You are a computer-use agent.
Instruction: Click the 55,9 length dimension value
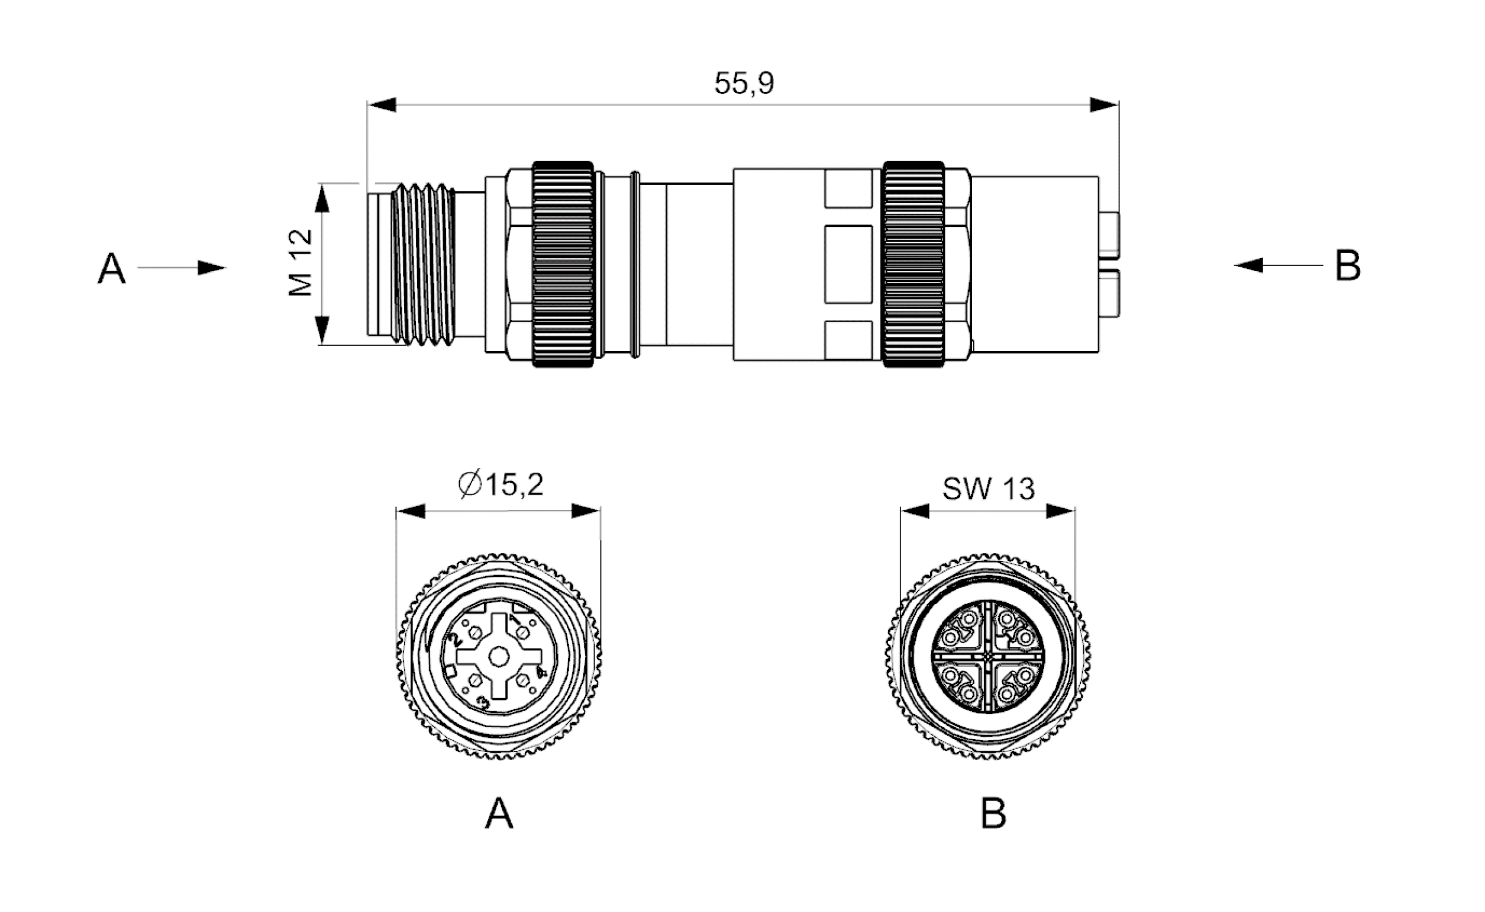(744, 84)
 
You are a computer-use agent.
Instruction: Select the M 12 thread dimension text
(301, 263)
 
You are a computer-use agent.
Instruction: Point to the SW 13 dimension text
(989, 489)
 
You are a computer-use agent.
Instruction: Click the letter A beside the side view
(111, 269)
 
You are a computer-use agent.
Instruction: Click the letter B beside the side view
(1348, 265)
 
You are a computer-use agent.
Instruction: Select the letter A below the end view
(499, 814)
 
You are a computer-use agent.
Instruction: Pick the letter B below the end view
(994, 814)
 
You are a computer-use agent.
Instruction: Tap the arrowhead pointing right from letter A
(212, 268)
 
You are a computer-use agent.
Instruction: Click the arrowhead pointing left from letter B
(1248, 265)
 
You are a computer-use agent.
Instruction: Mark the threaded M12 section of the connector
(423, 265)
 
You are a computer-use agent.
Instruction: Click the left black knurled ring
(563, 264)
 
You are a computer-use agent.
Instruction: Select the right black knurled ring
(913, 264)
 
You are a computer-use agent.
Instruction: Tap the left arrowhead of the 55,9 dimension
(382, 105)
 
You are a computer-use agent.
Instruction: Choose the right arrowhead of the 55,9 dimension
(1104, 105)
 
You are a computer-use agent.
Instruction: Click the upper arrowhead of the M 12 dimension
(322, 198)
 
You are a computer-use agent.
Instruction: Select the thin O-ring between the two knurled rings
(635, 264)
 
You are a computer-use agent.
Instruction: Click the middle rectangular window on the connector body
(848, 264)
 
